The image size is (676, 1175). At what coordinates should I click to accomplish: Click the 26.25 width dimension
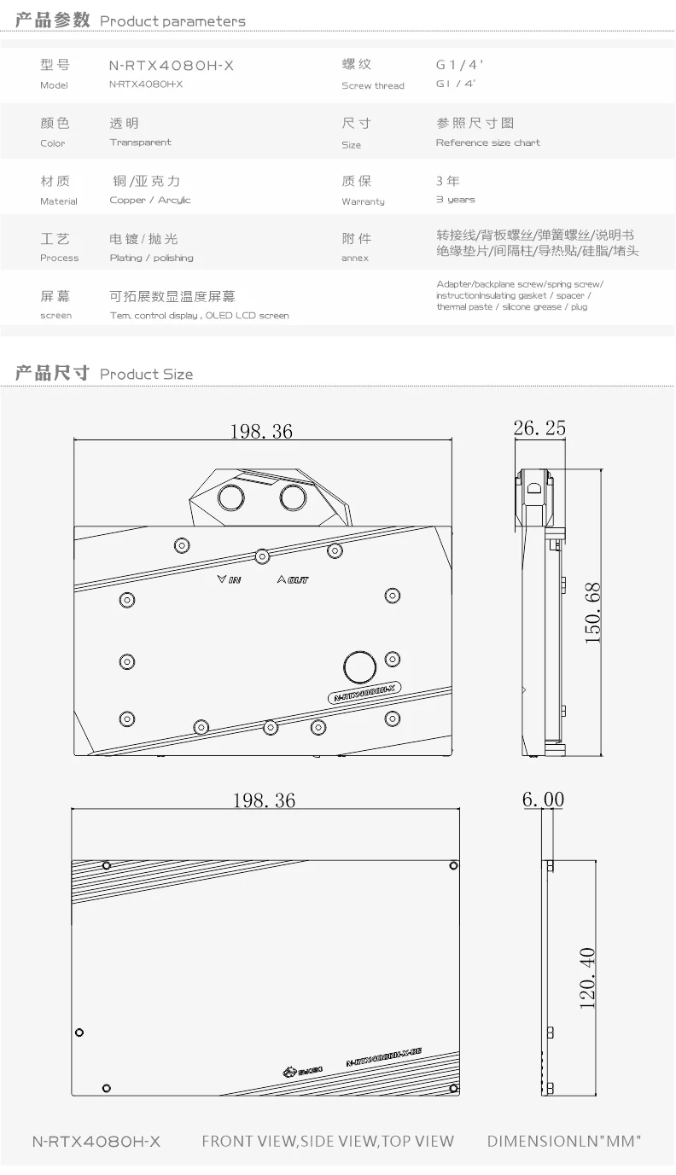(539, 428)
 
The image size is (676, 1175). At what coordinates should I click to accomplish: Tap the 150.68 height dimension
(593, 613)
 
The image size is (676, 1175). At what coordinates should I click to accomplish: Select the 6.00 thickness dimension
(543, 800)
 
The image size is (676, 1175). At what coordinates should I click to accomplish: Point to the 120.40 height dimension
(587, 978)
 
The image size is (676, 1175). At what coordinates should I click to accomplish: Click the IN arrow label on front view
(230, 580)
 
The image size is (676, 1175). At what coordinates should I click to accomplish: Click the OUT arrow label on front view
(293, 580)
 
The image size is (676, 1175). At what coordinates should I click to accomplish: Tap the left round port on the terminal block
(231, 497)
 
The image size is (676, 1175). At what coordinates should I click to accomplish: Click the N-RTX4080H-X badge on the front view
(366, 695)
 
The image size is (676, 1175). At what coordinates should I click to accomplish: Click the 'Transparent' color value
(140, 143)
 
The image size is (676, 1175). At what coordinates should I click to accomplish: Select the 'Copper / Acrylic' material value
(150, 201)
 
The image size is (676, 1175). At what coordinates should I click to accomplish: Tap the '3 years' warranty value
(455, 200)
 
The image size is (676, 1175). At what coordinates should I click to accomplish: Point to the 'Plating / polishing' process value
(151, 258)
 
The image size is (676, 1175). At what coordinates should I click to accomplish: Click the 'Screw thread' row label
(372, 85)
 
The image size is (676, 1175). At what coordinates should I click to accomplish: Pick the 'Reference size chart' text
(487, 143)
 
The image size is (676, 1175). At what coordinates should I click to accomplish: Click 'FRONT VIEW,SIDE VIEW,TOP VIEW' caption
(328, 1141)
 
